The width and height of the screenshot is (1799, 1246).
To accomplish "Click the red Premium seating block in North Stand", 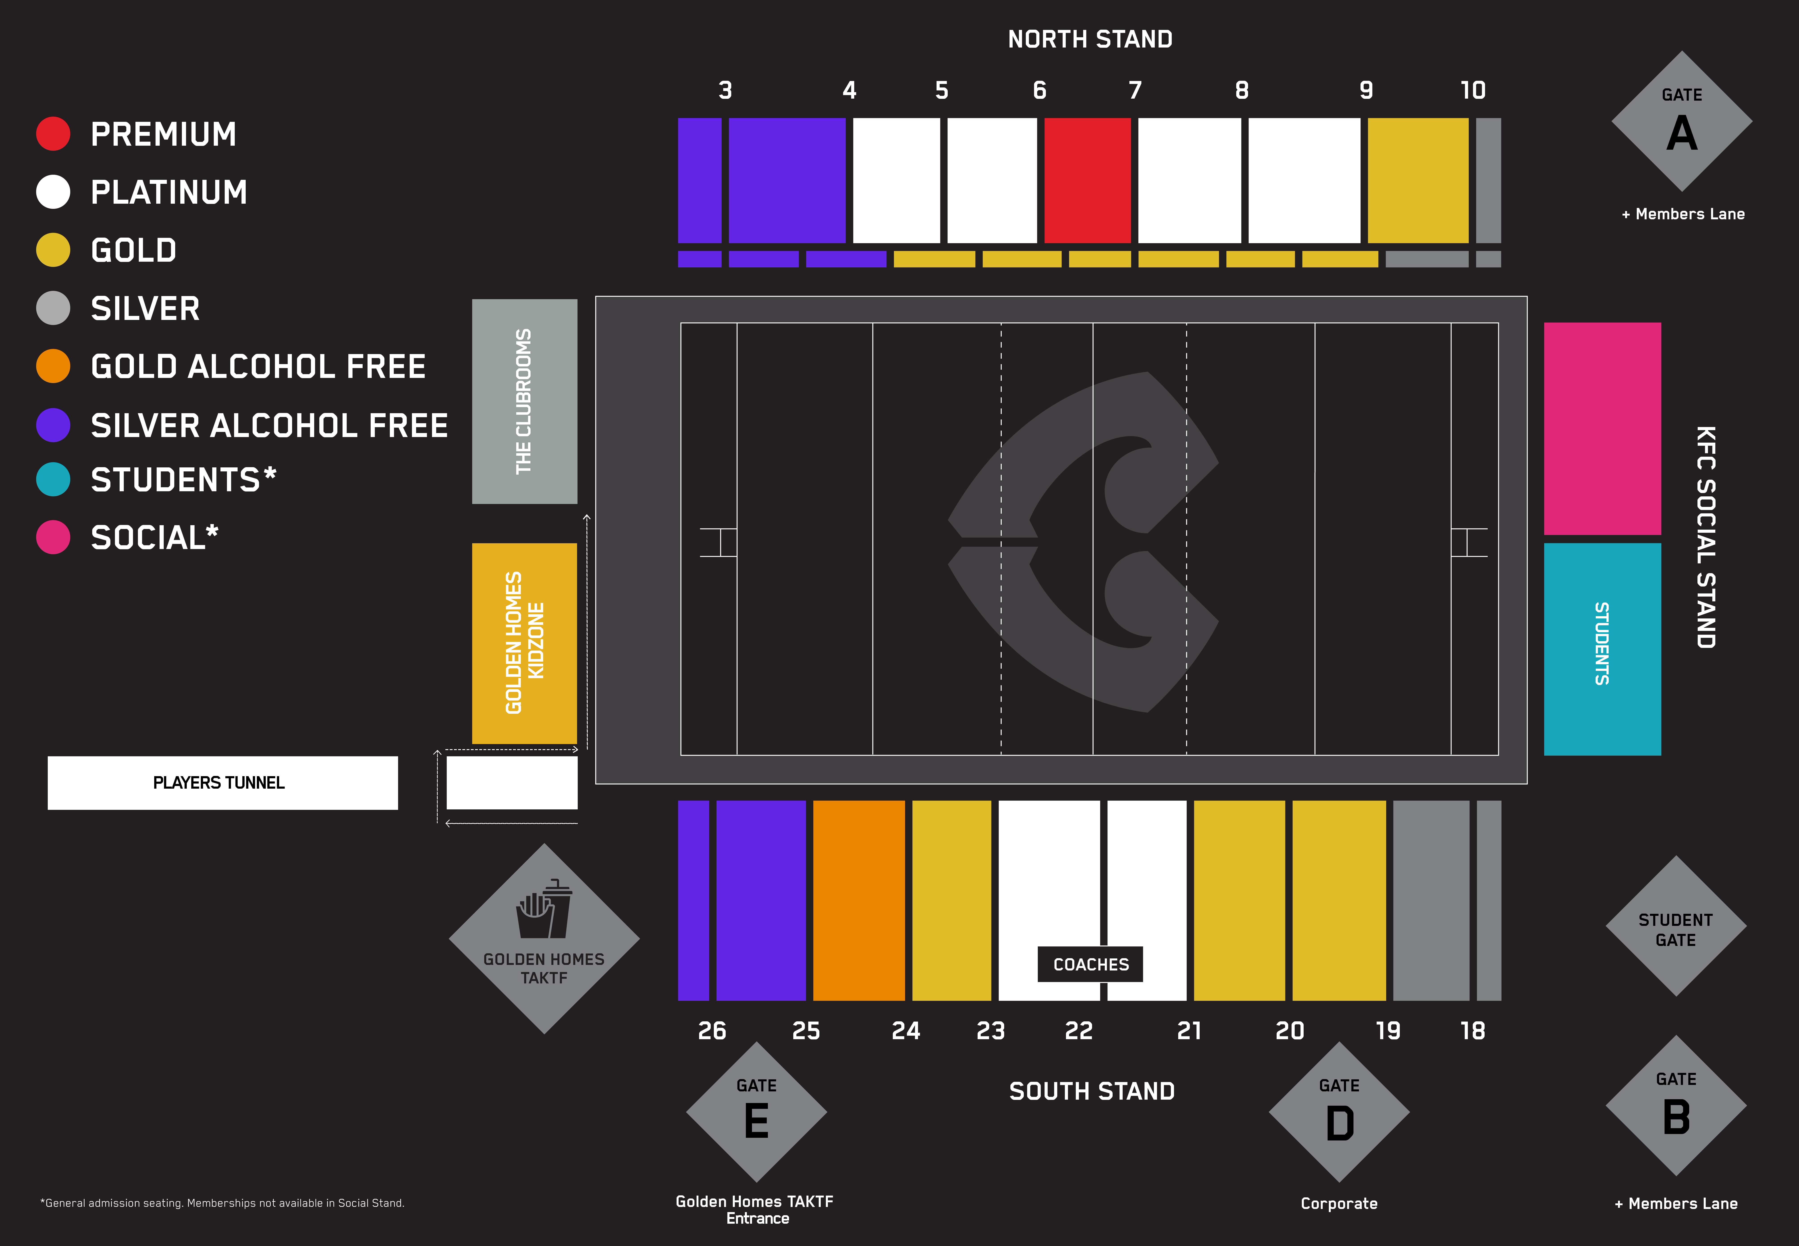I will point(1087,180).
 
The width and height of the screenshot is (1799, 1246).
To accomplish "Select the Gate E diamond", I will point(756,1112).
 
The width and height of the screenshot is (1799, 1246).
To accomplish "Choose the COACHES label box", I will point(1090,964).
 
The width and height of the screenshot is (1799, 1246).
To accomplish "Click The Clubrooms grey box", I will point(524,401).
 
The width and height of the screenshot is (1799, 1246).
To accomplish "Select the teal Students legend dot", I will point(53,479).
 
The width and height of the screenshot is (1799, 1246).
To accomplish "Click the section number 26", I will point(711,1030).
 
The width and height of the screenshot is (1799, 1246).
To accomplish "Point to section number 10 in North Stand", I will point(1473,91).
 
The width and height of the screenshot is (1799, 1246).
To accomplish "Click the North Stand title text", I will point(1090,39).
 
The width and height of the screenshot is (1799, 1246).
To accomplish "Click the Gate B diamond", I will point(1676,1105).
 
